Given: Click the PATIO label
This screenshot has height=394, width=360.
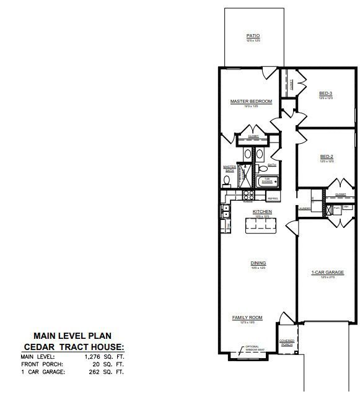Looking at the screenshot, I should click(253, 37).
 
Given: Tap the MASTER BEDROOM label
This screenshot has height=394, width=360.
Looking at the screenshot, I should click(251, 102).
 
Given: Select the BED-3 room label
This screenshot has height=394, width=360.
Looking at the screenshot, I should click(326, 94).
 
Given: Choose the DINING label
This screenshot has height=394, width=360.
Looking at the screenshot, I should click(258, 263).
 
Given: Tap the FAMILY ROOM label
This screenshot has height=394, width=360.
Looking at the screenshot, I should click(247, 318).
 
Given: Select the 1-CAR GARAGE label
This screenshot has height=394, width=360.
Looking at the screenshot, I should click(327, 273).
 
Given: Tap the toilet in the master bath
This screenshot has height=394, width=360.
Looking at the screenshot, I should click(227, 181).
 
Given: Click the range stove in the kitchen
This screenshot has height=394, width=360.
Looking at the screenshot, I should click(248, 197).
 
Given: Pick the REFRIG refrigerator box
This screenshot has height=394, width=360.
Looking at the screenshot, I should click(272, 198).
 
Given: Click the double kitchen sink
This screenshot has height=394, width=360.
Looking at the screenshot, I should click(226, 214).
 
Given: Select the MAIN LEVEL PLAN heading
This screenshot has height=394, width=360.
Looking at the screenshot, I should click(73, 336).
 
